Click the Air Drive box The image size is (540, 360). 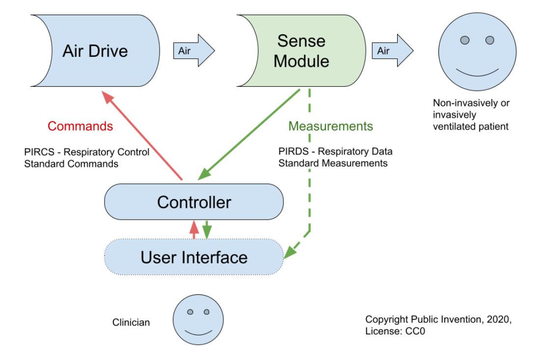100,51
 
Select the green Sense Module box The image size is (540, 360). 306,51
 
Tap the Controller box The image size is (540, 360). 194,202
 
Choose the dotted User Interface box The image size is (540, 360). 194,257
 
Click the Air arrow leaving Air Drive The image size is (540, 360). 194,51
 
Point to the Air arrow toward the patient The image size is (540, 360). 393,51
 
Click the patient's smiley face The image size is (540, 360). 477,52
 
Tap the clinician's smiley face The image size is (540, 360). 198,320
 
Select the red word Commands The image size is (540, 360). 80,126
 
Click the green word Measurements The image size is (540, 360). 330,126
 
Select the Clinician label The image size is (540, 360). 131,322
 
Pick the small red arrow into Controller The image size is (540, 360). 194,230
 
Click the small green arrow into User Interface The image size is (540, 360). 207,230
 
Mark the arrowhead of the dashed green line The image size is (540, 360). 289,252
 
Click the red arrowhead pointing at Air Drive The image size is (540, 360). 107,97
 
